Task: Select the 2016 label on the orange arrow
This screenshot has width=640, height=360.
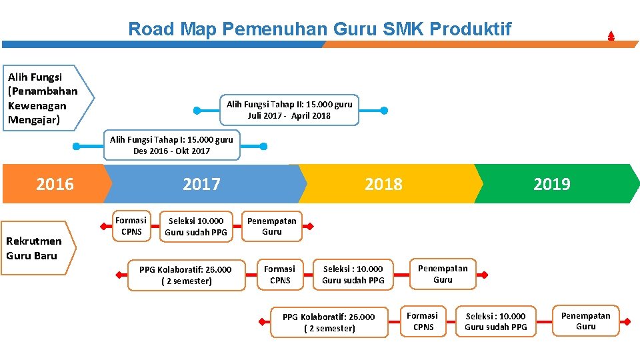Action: (55, 184)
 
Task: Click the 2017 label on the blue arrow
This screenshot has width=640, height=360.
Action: (201, 184)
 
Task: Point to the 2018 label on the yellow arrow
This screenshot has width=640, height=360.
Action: (383, 184)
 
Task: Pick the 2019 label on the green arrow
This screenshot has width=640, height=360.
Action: (551, 184)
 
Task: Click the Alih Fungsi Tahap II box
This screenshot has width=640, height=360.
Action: (289, 110)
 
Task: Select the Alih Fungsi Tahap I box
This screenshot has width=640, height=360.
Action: (171, 145)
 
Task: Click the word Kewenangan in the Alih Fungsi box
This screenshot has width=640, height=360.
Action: (37, 105)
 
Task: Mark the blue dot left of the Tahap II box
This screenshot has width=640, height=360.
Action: (197, 110)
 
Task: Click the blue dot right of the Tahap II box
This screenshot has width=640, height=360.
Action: (384, 110)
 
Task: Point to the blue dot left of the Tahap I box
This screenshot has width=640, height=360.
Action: (77, 146)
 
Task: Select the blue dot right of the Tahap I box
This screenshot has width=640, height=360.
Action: (264, 146)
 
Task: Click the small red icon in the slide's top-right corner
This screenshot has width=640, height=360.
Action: (611, 36)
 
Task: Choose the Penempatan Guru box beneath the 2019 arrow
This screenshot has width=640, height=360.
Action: (585, 321)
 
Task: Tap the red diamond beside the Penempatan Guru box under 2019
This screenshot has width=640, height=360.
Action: (626, 321)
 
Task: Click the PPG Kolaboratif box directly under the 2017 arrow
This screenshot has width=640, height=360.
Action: (185, 275)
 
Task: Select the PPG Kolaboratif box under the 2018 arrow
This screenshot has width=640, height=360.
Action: (329, 322)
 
